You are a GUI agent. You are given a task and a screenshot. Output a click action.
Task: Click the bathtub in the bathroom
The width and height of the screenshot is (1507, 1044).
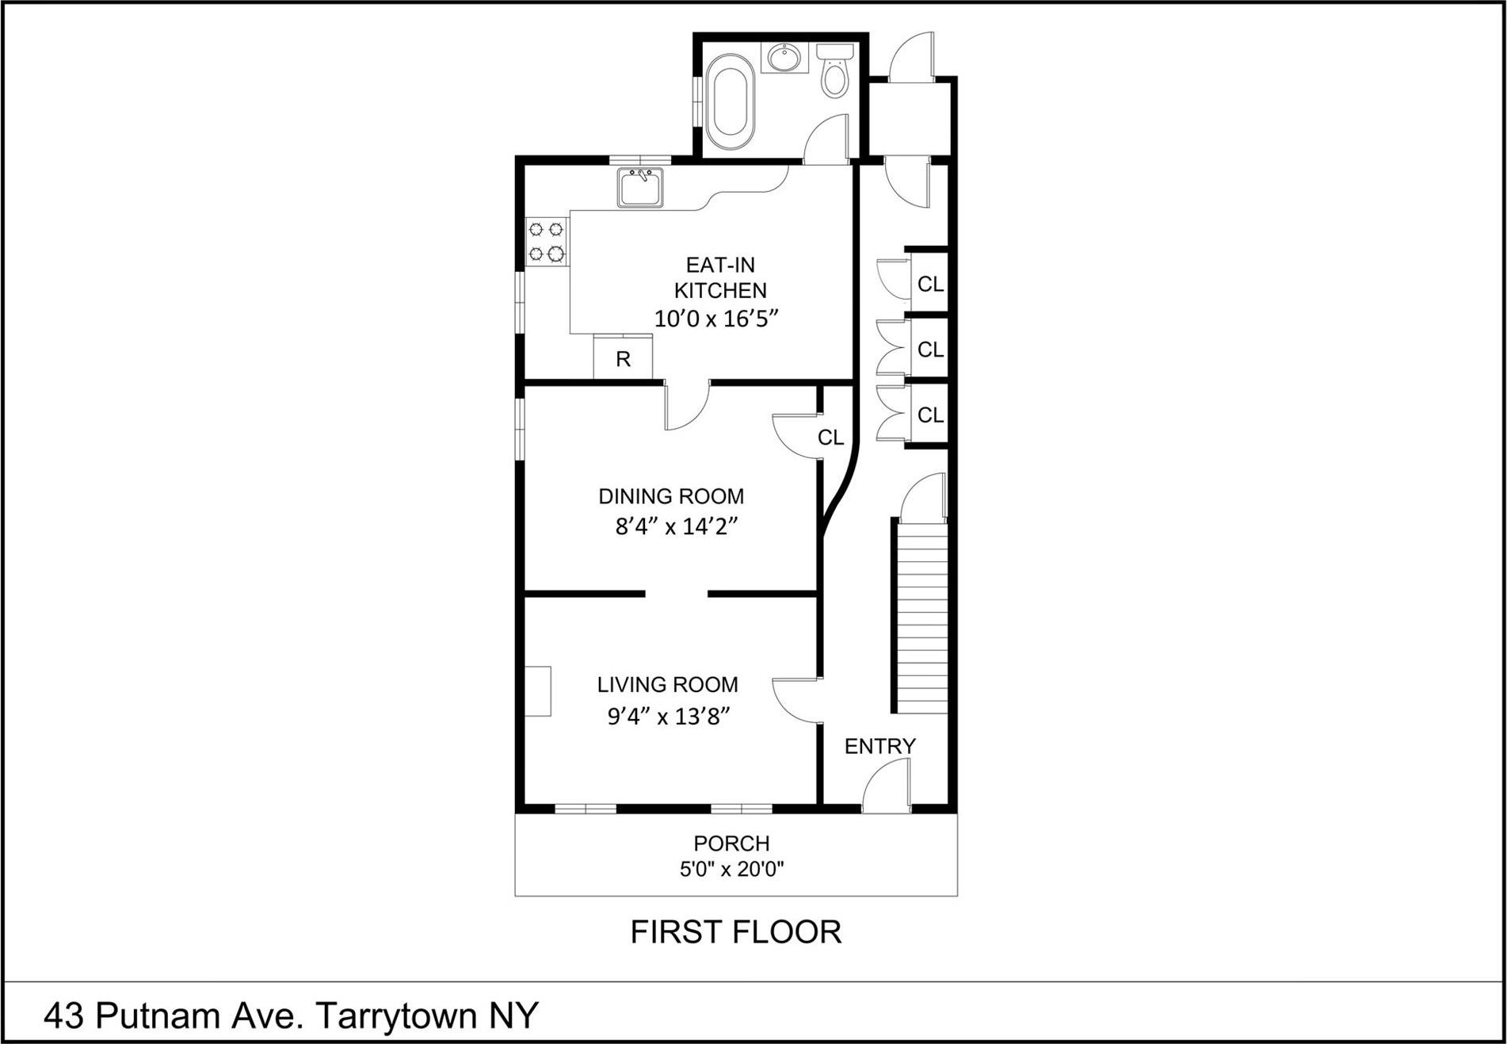(730, 102)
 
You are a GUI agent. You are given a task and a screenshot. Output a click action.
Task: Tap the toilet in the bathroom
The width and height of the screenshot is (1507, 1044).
(834, 76)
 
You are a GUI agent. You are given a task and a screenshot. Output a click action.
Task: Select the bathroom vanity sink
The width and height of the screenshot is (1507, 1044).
(784, 58)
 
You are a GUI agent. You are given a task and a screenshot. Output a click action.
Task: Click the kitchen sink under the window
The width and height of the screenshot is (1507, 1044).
(640, 188)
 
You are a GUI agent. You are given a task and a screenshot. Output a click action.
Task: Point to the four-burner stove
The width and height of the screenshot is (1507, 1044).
(547, 242)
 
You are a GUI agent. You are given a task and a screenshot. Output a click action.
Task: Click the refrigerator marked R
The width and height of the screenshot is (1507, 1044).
(623, 358)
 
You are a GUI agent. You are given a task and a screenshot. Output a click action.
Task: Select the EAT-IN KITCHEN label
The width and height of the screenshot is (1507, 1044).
(719, 277)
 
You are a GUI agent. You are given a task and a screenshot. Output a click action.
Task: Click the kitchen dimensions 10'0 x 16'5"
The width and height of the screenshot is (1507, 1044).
(716, 319)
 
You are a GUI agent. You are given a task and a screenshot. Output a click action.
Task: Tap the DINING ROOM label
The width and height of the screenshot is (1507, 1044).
(670, 497)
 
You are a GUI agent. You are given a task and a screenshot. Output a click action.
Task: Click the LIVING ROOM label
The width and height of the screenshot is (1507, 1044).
(667, 685)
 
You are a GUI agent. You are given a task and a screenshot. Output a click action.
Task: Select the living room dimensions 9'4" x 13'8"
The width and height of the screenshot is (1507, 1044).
(667, 717)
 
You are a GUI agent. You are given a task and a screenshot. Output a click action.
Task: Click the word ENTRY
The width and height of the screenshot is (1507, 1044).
(879, 746)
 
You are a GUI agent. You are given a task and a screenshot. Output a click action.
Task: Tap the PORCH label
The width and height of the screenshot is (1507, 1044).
(731, 843)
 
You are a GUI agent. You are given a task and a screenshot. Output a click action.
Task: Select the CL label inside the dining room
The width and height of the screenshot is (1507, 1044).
(830, 438)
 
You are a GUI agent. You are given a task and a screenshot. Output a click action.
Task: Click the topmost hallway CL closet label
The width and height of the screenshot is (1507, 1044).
(930, 284)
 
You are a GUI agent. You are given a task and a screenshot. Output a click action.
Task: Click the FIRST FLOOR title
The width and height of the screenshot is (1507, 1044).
(735, 932)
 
